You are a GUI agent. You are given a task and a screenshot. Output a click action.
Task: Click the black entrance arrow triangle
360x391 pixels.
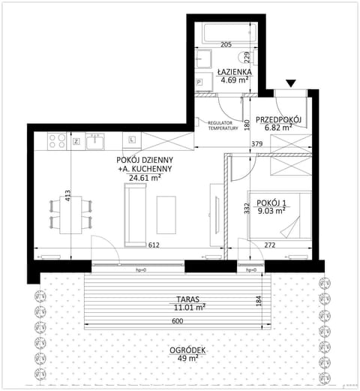(x=291, y=84)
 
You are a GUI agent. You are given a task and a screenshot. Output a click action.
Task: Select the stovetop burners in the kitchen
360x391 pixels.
(x=55, y=139)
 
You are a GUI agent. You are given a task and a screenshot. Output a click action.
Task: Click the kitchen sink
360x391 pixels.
(x=96, y=140)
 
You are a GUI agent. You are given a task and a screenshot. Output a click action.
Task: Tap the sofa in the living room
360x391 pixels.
(x=135, y=215)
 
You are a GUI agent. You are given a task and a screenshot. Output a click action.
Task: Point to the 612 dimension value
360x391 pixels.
(x=154, y=245)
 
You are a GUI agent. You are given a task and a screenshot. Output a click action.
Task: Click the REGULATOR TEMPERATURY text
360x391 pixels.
(x=222, y=125)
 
